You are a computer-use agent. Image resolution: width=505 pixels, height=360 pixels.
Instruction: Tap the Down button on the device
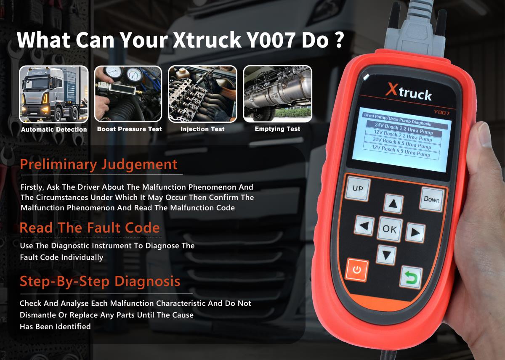[x=431, y=199]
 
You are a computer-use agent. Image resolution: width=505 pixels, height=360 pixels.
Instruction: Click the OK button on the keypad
[x=390, y=229]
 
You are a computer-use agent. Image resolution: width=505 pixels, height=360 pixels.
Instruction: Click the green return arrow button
[x=410, y=277]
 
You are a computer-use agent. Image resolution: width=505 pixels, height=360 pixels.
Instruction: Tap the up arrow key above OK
[x=393, y=204]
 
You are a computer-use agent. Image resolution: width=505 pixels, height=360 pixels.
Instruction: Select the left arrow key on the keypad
[x=364, y=226]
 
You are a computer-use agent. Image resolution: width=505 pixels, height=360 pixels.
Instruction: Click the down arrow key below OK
[x=386, y=254]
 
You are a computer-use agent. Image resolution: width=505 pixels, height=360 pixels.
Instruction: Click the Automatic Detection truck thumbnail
[x=54, y=94]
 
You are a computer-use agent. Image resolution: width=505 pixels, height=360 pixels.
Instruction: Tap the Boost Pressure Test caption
[x=129, y=129]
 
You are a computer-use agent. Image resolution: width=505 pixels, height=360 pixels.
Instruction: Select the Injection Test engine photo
[x=202, y=94]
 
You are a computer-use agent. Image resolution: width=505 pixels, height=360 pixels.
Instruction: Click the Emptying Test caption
[x=277, y=129]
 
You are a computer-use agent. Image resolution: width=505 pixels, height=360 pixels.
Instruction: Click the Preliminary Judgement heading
[x=98, y=164]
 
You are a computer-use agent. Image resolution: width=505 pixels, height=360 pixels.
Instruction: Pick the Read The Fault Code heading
[x=90, y=228]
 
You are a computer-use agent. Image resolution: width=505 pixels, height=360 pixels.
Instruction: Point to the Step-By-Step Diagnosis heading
[x=100, y=281]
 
